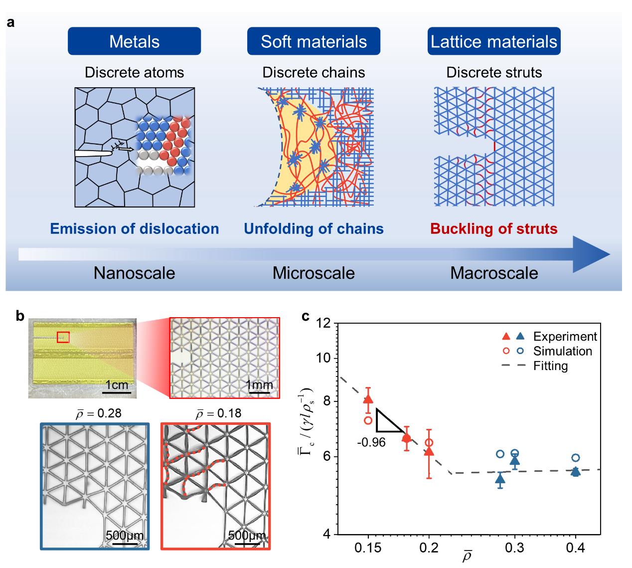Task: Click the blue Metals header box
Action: tap(134, 41)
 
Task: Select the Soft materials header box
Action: tap(314, 41)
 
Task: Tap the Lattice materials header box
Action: tap(493, 41)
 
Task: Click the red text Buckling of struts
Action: tap(493, 229)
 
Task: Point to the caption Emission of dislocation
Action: tap(134, 229)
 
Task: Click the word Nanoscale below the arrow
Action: tap(134, 273)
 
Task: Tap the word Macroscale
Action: tap(494, 273)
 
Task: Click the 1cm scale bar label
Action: tap(117, 385)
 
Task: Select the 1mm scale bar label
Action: tap(259, 385)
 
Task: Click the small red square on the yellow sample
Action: tap(63, 337)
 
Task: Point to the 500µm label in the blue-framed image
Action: tap(125, 536)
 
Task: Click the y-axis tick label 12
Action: tap(323, 323)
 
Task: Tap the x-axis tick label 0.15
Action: tap(368, 548)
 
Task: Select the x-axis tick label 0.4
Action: tap(575, 548)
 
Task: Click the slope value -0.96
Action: tap(371, 442)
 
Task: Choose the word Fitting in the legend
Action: tap(550, 366)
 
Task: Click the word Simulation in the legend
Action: tap(562, 351)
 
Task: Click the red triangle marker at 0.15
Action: tap(368, 399)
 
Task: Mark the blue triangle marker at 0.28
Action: tap(500, 479)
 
